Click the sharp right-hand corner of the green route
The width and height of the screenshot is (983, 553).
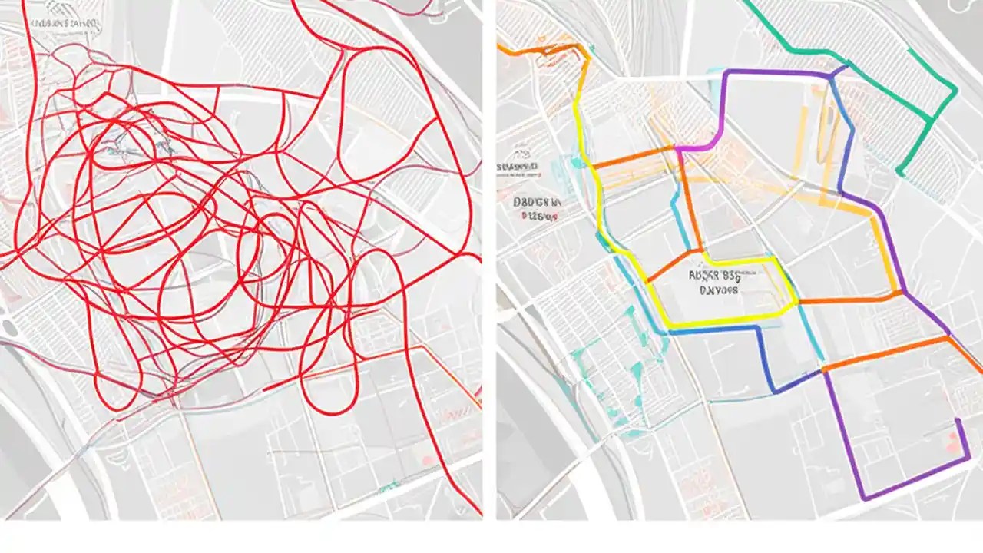coord(955,91)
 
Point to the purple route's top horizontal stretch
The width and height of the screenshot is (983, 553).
coord(776,72)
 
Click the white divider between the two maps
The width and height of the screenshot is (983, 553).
coord(489,261)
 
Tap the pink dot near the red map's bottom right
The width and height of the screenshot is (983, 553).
coord(427,459)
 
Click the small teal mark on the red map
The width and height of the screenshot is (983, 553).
coord(392,485)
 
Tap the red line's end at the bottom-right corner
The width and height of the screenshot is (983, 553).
coord(478,512)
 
